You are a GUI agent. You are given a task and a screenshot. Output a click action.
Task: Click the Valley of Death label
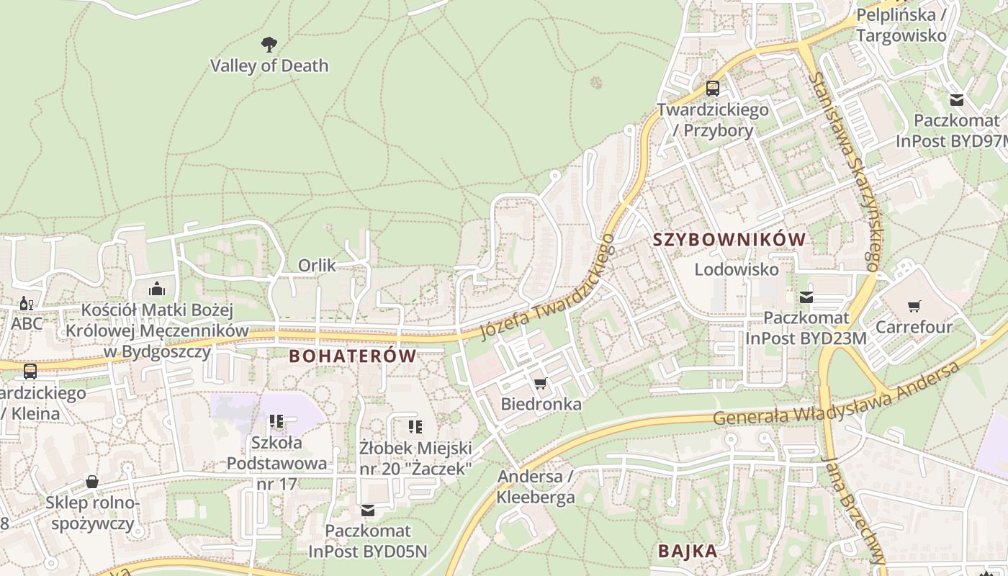tap(269, 66)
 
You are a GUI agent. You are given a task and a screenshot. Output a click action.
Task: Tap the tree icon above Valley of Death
tap(269, 45)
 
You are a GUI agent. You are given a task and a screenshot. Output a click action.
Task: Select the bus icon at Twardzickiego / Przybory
tap(713, 89)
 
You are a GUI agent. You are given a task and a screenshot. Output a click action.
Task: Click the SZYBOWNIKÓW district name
tap(729, 240)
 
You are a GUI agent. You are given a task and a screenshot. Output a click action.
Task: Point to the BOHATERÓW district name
tap(353, 356)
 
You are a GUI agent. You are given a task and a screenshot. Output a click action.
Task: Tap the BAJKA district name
tap(688, 552)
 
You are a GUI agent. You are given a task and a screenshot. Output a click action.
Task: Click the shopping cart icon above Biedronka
tap(541, 383)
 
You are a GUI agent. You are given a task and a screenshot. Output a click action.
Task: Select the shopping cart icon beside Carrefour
tap(914, 307)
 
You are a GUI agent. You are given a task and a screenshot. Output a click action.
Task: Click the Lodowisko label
tap(737, 269)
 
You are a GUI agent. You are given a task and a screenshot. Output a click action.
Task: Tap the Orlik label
tap(317, 266)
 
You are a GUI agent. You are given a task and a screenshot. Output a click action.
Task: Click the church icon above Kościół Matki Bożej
tap(157, 289)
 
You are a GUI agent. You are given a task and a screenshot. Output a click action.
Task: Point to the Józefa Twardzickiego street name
tap(547, 288)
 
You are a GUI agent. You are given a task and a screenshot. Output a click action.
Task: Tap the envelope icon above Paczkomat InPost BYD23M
tap(806, 297)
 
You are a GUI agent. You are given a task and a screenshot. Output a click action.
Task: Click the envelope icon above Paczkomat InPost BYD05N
tap(368, 510)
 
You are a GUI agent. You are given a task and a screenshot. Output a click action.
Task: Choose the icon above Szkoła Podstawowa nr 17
tap(276, 421)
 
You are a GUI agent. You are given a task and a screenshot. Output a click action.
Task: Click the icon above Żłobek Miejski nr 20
tap(415, 427)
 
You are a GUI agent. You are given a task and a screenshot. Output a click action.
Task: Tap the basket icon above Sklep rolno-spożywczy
tap(92, 482)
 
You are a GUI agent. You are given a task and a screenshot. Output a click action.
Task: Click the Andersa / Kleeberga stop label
tap(536, 487)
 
